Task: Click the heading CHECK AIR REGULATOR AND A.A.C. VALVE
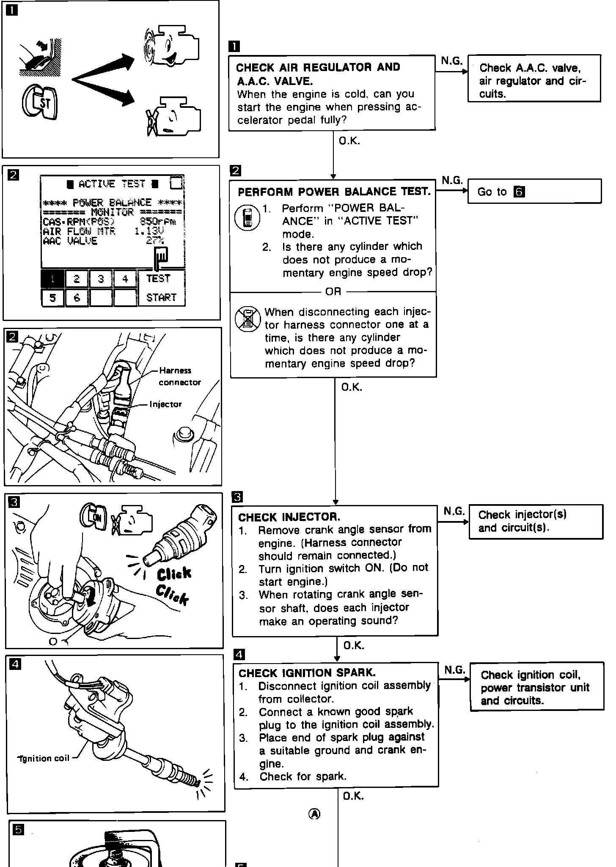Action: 318,74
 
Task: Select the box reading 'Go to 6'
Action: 534,192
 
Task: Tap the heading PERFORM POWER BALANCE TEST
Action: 334,192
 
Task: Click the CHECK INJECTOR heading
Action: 289,517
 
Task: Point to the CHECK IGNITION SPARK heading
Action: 307,673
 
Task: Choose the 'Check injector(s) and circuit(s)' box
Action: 535,521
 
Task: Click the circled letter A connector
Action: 314,814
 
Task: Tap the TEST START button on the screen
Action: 161,288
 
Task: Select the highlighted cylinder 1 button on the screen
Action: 53,279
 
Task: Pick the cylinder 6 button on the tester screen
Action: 77,298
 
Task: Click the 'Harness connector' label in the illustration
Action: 179,376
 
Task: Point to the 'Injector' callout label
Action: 165,404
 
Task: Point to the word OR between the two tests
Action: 333,291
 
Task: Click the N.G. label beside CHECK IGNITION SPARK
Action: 454,670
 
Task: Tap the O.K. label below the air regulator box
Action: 349,141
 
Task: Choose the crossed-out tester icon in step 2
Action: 247,319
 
